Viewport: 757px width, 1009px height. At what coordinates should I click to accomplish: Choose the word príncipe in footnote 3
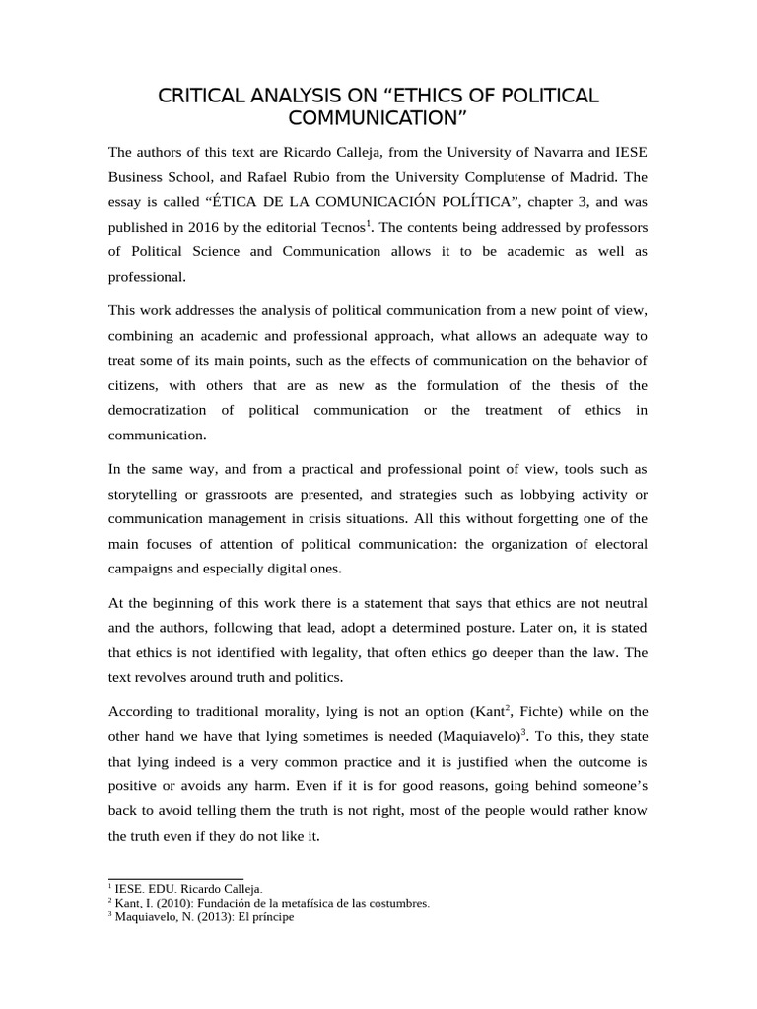pos(269,916)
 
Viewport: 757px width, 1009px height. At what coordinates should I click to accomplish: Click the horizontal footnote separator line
pos(174,877)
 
